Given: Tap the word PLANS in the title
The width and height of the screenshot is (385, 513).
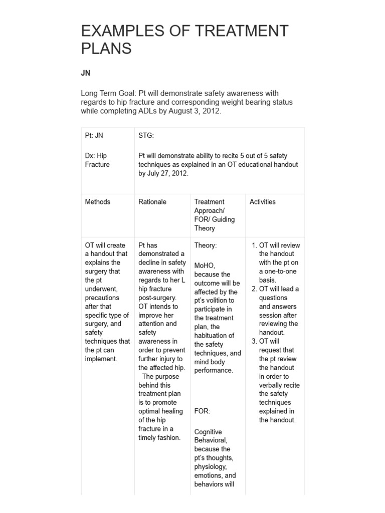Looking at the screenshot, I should tap(106, 49).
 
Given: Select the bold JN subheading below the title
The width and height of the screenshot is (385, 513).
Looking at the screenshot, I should tap(86, 73).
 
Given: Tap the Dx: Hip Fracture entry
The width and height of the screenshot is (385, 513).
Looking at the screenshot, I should tap(97, 160).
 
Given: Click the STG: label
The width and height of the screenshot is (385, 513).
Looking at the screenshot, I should tap(146, 135).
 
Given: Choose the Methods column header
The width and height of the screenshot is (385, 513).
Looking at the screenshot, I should tap(98, 201).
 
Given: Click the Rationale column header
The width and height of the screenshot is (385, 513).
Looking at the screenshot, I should tap(152, 201).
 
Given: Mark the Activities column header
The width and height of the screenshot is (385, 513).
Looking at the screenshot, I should tap(263, 201).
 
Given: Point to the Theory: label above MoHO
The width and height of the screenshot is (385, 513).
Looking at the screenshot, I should tap(206, 245).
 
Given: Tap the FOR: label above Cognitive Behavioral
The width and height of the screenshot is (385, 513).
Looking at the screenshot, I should tap(203, 411).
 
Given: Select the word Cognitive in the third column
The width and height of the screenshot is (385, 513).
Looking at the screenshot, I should tap(208, 432).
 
